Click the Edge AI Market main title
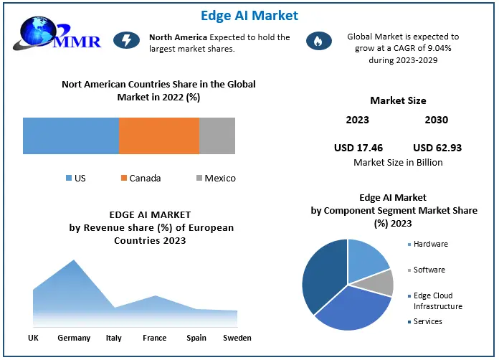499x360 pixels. (249, 15)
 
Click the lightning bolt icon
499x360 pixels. (126, 41)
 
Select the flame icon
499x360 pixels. (315, 42)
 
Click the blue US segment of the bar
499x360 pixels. (70, 136)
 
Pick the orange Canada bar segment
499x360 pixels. (158, 136)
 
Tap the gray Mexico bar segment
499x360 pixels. (217, 136)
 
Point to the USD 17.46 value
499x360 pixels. (358, 148)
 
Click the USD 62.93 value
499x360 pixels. (437, 148)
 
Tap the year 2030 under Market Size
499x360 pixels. (436, 120)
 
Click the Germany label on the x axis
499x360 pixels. (74, 338)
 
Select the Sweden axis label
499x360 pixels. (237, 338)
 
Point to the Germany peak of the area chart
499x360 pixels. (74, 262)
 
